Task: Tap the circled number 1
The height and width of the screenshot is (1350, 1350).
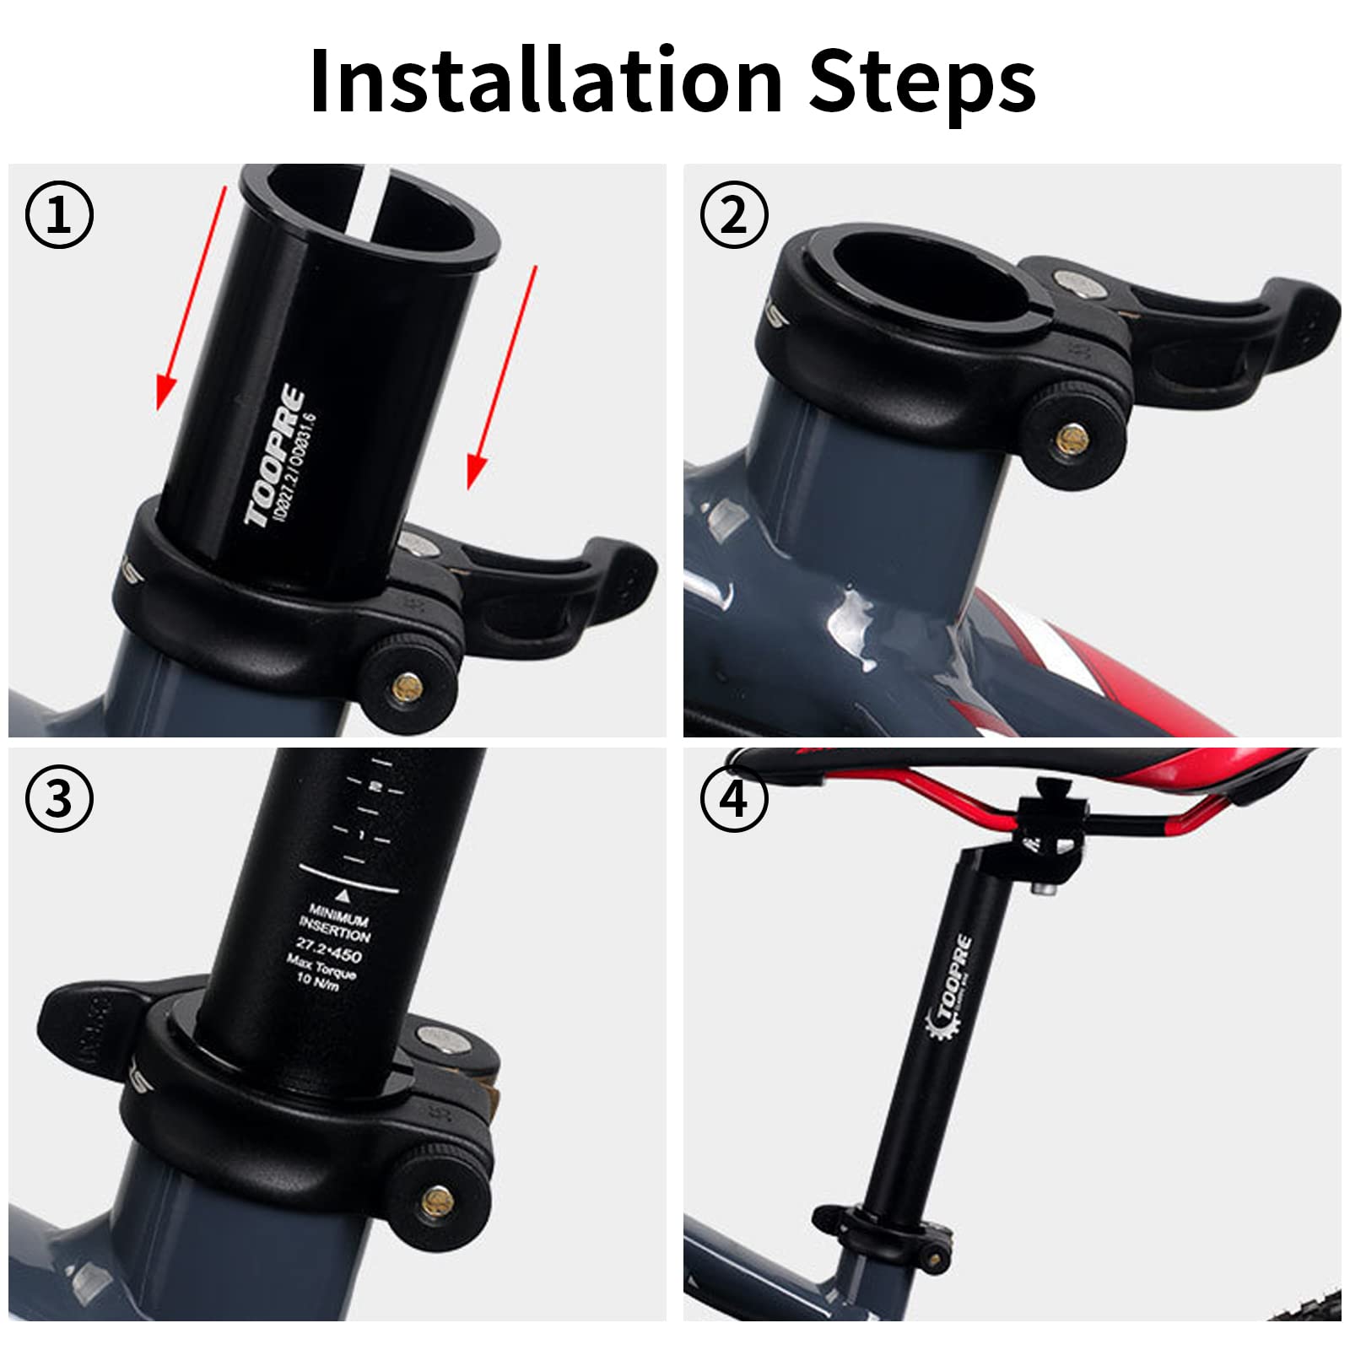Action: pyautogui.click(x=59, y=214)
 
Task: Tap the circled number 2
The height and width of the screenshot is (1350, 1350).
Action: pyautogui.click(x=734, y=214)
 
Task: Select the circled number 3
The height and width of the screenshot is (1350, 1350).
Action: pyautogui.click(x=59, y=798)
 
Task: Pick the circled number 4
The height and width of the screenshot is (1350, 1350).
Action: pyautogui.click(x=734, y=798)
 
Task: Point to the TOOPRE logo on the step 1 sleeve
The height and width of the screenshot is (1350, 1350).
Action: pyautogui.click(x=275, y=456)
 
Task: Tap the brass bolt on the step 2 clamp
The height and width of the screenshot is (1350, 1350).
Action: pyautogui.click(x=1073, y=437)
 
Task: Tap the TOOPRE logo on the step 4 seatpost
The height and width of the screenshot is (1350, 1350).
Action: pyautogui.click(x=952, y=987)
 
